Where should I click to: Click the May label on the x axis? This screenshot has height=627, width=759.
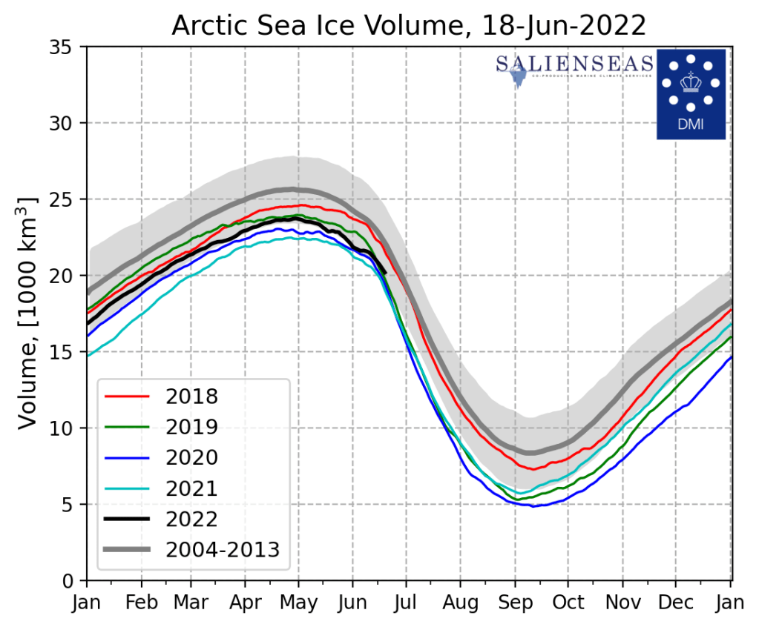click(299, 603)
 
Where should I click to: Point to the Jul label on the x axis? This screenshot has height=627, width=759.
click(405, 603)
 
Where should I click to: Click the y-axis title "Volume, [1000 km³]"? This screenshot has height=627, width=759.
click(27, 313)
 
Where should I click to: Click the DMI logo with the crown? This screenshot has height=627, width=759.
click(691, 93)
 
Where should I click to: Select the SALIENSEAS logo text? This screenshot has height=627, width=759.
click(575, 64)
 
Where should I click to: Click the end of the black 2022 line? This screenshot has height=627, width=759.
click(386, 273)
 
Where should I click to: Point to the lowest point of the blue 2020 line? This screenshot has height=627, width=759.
click(533, 506)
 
